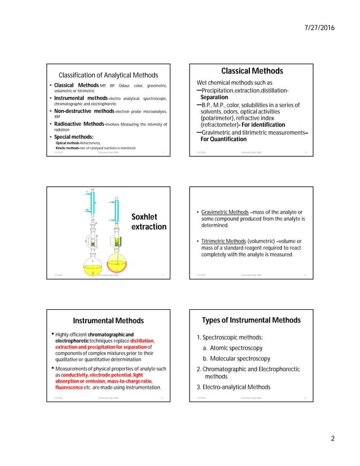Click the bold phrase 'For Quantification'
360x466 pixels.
click(x=228, y=139)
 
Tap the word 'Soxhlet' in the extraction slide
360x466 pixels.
click(x=144, y=217)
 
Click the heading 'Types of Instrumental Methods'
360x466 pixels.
click(x=252, y=321)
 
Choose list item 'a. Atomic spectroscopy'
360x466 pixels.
click(x=236, y=348)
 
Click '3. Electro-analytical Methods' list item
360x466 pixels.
click(x=233, y=387)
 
